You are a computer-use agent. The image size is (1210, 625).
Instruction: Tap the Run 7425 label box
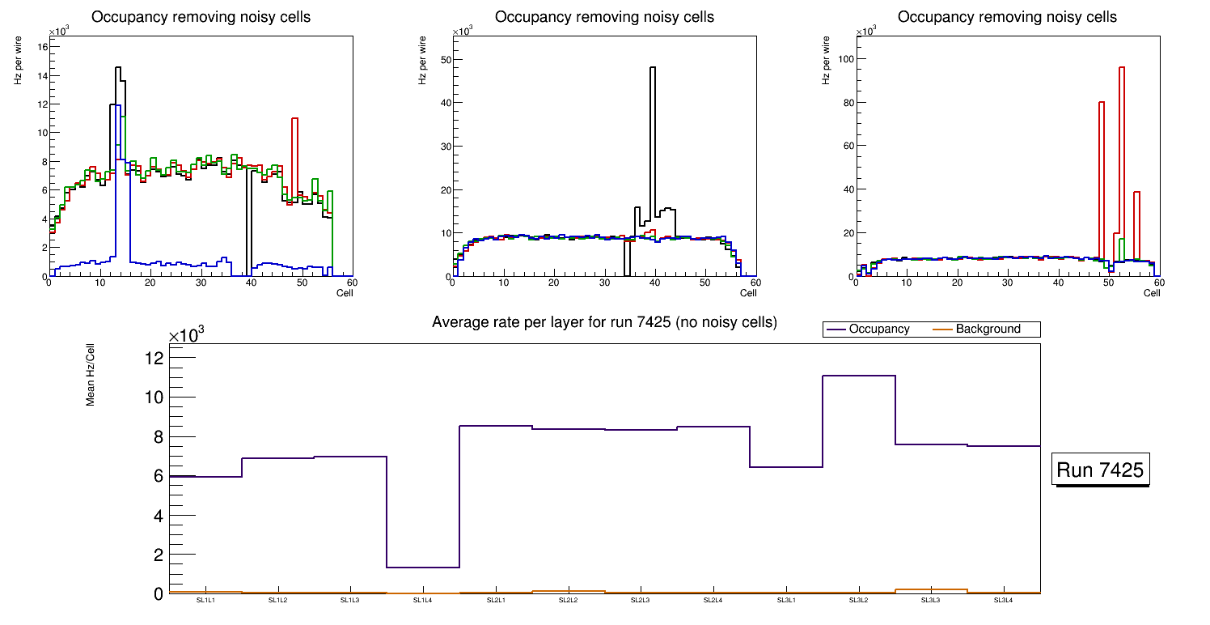(x=1100, y=470)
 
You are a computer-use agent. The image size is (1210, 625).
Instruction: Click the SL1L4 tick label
(x=422, y=601)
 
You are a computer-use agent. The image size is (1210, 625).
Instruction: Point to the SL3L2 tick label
(x=858, y=601)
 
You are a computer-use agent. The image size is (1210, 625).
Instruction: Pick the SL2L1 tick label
(x=495, y=601)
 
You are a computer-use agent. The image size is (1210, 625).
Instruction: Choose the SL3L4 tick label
(x=1003, y=601)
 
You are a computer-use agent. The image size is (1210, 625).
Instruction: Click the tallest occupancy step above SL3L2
(x=858, y=376)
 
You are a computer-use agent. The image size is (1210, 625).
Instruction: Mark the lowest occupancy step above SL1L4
(x=422, y=567)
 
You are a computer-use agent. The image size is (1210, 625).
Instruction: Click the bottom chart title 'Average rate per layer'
(x=604, y=322)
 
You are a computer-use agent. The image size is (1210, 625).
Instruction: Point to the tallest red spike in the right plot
(x=1122, y=68)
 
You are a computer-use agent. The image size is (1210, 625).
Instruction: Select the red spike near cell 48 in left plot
(x=295, y=119)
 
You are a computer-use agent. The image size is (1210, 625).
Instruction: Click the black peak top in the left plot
(x=118, y=67)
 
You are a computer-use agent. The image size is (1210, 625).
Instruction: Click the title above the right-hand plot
(x=1007, y=17)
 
